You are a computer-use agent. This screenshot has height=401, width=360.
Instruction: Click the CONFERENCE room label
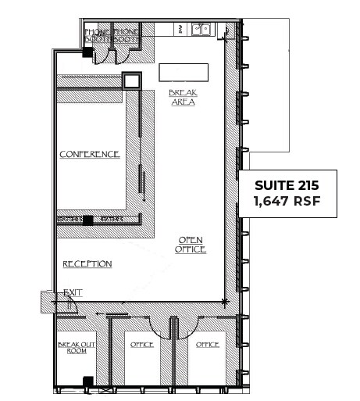90,154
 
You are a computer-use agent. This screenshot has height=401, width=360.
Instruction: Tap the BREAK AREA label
182,98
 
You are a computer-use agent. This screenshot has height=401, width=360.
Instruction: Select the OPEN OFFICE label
191,245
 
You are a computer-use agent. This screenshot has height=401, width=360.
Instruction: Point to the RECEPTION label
87,264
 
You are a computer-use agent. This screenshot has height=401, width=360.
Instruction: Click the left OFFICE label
142,345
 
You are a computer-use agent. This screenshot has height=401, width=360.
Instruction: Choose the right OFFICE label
207,345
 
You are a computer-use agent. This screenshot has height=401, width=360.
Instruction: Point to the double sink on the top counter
201,30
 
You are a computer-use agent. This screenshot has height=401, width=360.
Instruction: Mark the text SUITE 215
287,186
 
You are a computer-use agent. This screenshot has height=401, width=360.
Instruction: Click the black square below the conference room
88,220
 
